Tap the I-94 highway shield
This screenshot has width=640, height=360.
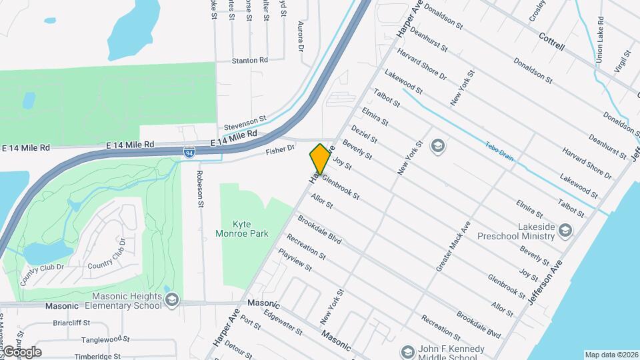[190, 153]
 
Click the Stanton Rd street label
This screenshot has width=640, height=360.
[250, 61]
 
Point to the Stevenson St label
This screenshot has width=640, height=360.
[245, 123]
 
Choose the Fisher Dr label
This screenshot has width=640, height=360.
[280, 151]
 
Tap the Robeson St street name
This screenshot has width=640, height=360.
[199, 188]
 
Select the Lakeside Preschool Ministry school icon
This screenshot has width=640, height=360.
[565, 230]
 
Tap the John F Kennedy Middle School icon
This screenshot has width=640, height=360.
[407, 351]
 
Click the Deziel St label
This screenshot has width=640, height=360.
[365, 131]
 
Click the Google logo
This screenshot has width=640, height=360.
[21, 352]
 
